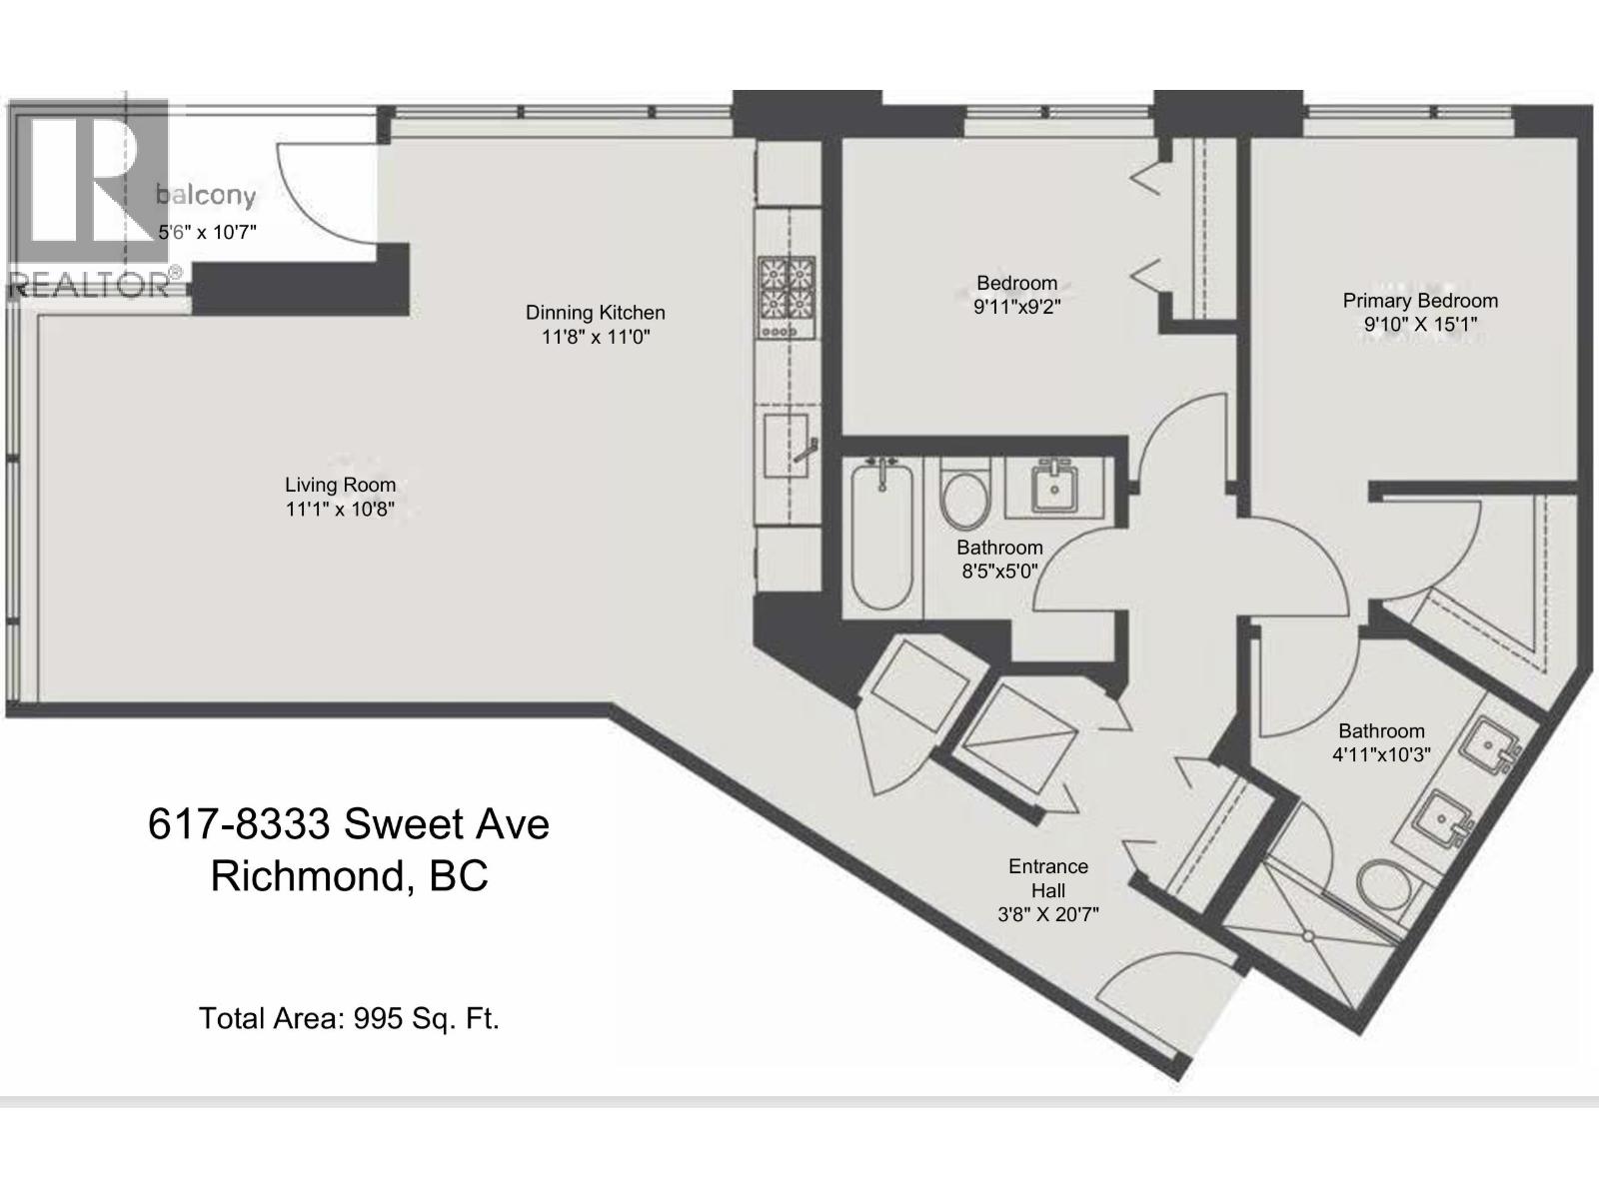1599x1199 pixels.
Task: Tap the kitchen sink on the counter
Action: point(787,446)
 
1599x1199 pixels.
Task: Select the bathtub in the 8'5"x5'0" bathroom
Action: point(882,537)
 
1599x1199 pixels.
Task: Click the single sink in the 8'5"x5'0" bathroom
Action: point(1053,486)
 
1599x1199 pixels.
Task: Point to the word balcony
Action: point(206,195)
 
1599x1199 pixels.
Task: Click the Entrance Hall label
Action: point(1048,878)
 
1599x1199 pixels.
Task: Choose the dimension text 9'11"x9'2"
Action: point(1017,307)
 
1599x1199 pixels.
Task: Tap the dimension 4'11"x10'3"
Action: point(1381,754)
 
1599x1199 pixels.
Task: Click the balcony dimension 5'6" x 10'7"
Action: point(208,232)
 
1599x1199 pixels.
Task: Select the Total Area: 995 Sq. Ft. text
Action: point(349,1018)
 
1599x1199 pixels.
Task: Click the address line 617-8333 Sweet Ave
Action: point(348,824)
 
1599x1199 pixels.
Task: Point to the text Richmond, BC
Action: point(349,876)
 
